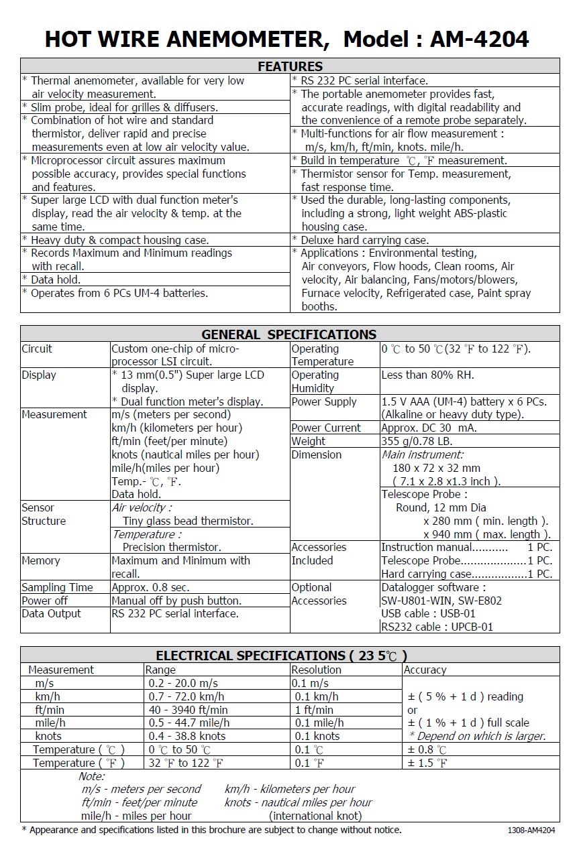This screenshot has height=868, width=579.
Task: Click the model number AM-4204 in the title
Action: [x=480, y=40]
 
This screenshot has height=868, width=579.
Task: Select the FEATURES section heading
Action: [x=290, y=66]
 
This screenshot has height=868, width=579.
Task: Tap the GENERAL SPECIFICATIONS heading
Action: [x=289, y=334]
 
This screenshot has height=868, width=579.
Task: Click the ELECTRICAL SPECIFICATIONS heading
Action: [x=281, y=656]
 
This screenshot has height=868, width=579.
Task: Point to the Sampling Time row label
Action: [x=57, y=587]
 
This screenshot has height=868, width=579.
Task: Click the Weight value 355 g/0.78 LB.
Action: [x=417, y=441]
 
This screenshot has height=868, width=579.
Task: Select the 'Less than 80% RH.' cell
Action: [x=427, y=375]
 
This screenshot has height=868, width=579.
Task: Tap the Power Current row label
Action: [x=325, y=428]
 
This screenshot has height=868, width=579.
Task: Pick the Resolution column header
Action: [x=316, y=670]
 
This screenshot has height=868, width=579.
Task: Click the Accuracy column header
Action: [x=425, y=670]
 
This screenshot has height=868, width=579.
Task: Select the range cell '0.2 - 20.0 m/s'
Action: [x=183, y=683]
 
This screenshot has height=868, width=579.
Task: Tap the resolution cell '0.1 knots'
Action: [x=317, y=736]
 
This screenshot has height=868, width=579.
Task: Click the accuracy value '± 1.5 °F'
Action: [x=427, y=763]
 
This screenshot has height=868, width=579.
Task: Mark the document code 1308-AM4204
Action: [x=531, y=830]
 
